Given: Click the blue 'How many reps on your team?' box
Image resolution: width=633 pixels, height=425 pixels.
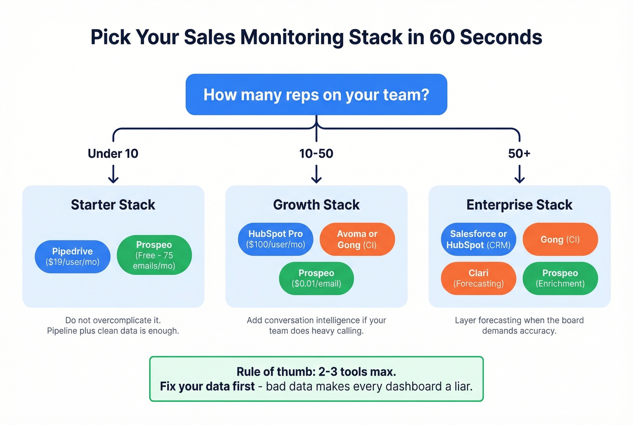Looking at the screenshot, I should [x=316, y=95].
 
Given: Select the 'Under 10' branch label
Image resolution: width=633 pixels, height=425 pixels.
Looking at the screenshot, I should [x=113, y=153].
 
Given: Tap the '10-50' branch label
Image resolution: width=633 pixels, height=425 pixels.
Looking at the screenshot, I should [x=316, y=153].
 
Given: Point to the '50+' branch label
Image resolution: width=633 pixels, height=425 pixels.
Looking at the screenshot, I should [x=519, y=153].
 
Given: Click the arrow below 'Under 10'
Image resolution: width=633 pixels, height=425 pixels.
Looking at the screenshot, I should [x=113, y=174].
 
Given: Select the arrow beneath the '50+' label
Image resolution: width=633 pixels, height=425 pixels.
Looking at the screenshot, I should [x=520, y=174].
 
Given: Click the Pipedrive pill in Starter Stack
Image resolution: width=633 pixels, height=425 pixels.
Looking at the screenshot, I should [x=72, y=257].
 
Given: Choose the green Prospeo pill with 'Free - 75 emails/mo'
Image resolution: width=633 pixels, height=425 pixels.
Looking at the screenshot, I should [x=154, y=255].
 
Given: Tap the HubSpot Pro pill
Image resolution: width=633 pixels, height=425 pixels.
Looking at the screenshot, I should [x=275, y=239].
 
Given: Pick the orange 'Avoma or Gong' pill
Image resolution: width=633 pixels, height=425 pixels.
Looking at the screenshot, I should [x=357, y=239].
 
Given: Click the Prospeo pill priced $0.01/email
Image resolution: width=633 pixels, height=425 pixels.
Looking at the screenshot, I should [x=316, y=278].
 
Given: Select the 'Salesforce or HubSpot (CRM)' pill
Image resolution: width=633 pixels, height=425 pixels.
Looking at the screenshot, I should [x=478, y=239].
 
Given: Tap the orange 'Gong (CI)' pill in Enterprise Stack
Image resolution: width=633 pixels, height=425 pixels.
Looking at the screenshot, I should [x=560, y=239].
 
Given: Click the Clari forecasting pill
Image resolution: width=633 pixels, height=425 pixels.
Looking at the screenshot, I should [x=478, y=278].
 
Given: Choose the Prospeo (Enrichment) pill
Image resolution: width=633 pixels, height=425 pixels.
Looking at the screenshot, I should [x=560, y=278].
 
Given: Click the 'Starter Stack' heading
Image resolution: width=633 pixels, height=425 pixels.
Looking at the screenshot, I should [x=113, y=205].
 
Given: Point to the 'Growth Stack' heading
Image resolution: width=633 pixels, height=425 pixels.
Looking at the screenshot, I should [x=316, y=205].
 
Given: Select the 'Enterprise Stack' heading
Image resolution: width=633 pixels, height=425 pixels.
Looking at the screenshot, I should [x=520, y=205].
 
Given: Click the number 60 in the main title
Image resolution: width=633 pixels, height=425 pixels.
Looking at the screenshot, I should [x=442, y=37].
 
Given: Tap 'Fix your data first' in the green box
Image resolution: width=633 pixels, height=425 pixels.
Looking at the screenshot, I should [x=207, y=387].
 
